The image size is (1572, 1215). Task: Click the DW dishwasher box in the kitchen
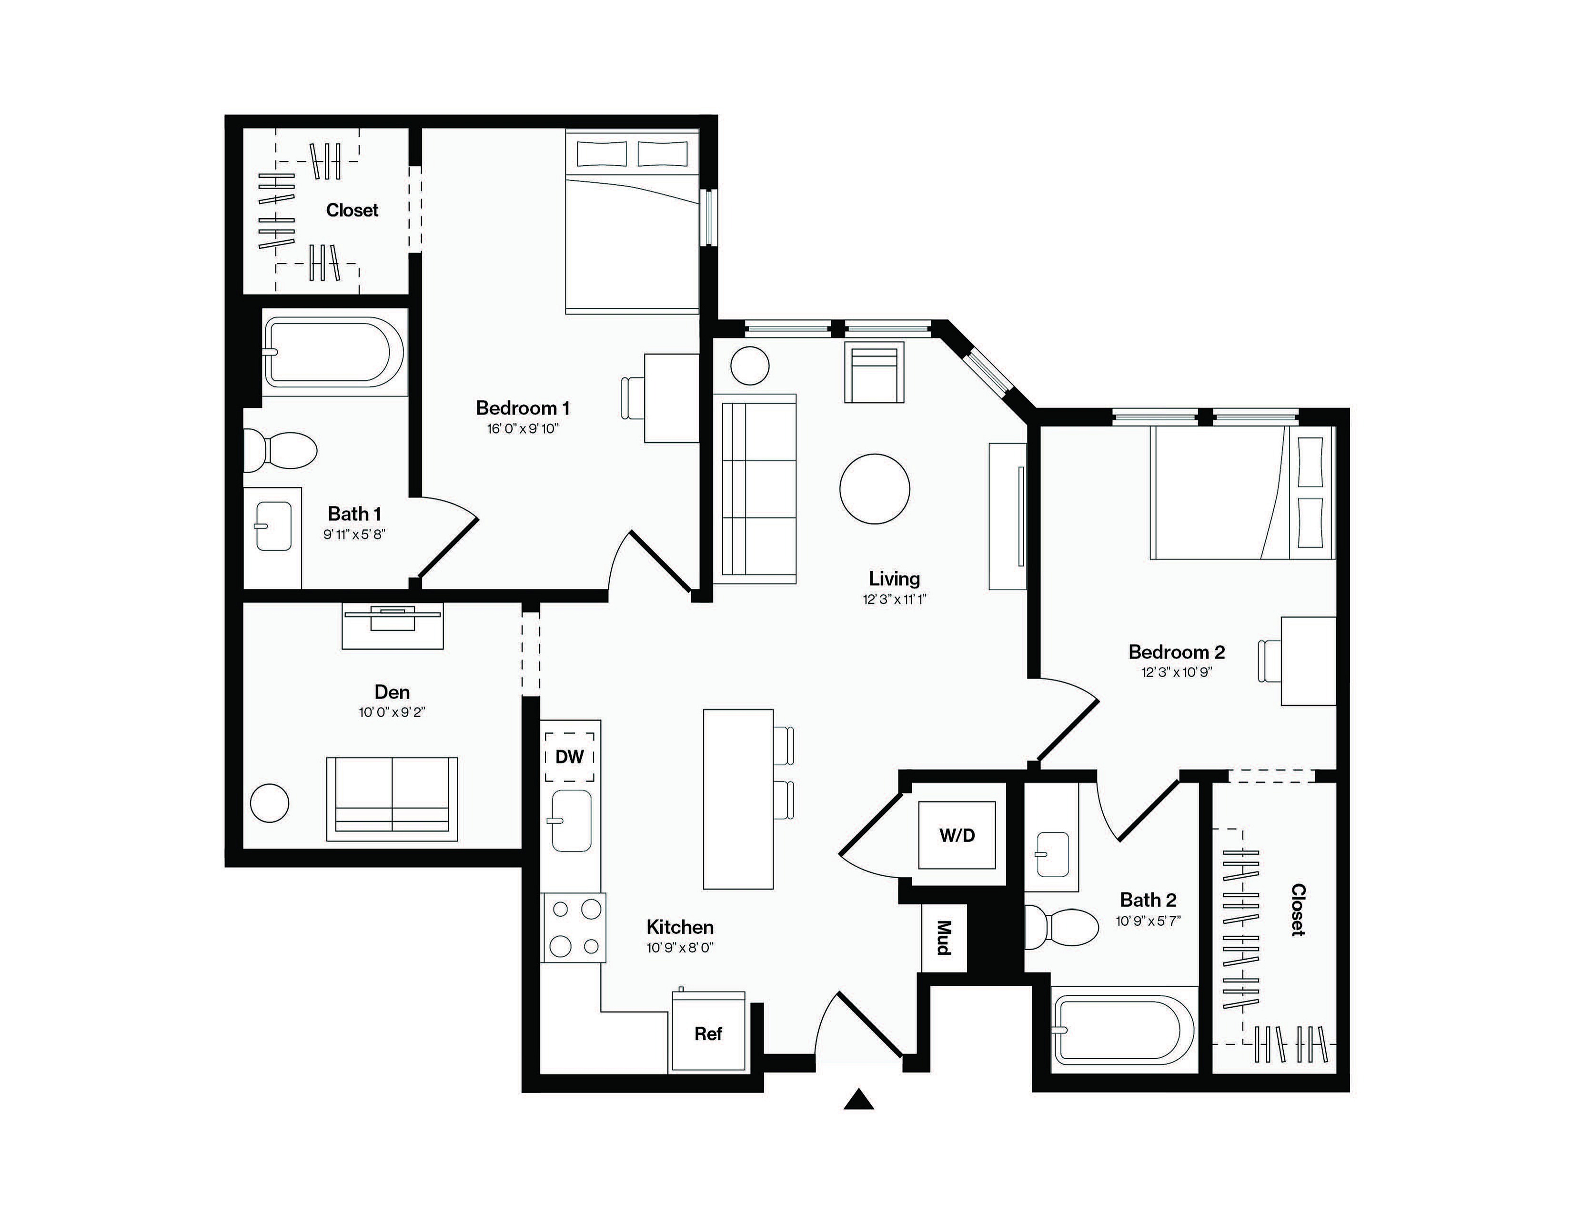[569, 757]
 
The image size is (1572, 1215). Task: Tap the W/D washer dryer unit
[957, 835]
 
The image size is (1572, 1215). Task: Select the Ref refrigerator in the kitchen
[708, 1033]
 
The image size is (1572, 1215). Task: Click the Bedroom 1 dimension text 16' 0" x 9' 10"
[523, 429]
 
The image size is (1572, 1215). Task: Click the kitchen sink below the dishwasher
[572, 820]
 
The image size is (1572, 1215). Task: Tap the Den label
[392, 692]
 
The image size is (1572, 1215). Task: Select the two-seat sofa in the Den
[392, 799]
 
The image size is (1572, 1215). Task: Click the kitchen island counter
[738, 799]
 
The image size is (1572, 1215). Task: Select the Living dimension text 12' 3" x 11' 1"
[895, 599]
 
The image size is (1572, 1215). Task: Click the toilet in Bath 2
[1062, 927]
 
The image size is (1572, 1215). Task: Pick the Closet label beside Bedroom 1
[352, 210]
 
